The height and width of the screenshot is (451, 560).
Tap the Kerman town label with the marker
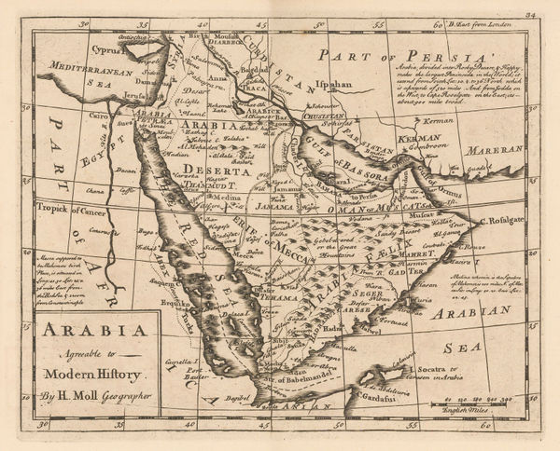pos(427,121)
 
